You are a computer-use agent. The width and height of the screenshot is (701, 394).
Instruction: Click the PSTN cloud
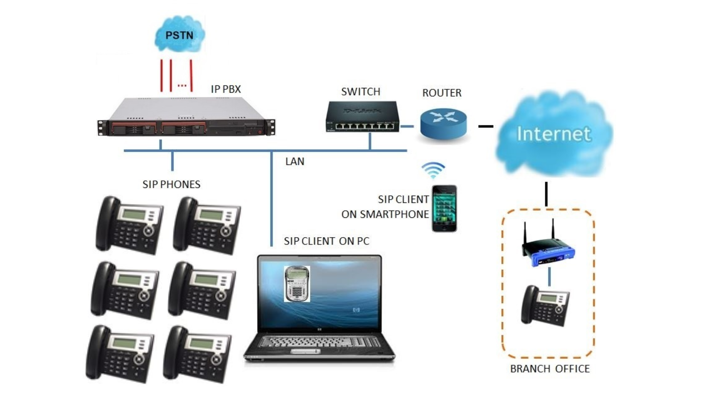tap(180, 35)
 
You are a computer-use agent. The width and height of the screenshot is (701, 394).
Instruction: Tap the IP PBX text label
tap(226, 89)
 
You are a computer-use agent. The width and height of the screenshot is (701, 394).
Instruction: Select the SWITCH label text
tap(360, 92)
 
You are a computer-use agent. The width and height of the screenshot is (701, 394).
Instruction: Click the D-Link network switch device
tap(362, 117)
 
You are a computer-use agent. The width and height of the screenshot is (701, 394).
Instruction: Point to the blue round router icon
tap(443, 123)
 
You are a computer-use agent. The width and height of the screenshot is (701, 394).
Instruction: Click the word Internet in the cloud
tap(553, 134)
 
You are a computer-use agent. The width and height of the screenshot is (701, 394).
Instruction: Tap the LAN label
tap(295, 161)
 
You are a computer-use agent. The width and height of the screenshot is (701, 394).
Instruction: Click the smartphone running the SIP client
tap(444, 208)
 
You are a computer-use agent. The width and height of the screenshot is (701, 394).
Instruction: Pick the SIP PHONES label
tap(171, 185)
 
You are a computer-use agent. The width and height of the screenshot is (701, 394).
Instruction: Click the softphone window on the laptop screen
tap(297, 284)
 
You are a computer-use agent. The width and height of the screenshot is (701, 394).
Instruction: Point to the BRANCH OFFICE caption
tap(549, 369)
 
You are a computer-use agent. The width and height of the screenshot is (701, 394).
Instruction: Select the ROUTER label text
tap(442, 93)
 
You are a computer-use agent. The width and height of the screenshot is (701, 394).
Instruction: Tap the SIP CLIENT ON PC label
tap(326, 241)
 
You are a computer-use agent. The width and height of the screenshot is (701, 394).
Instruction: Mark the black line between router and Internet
tap(486, 126)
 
